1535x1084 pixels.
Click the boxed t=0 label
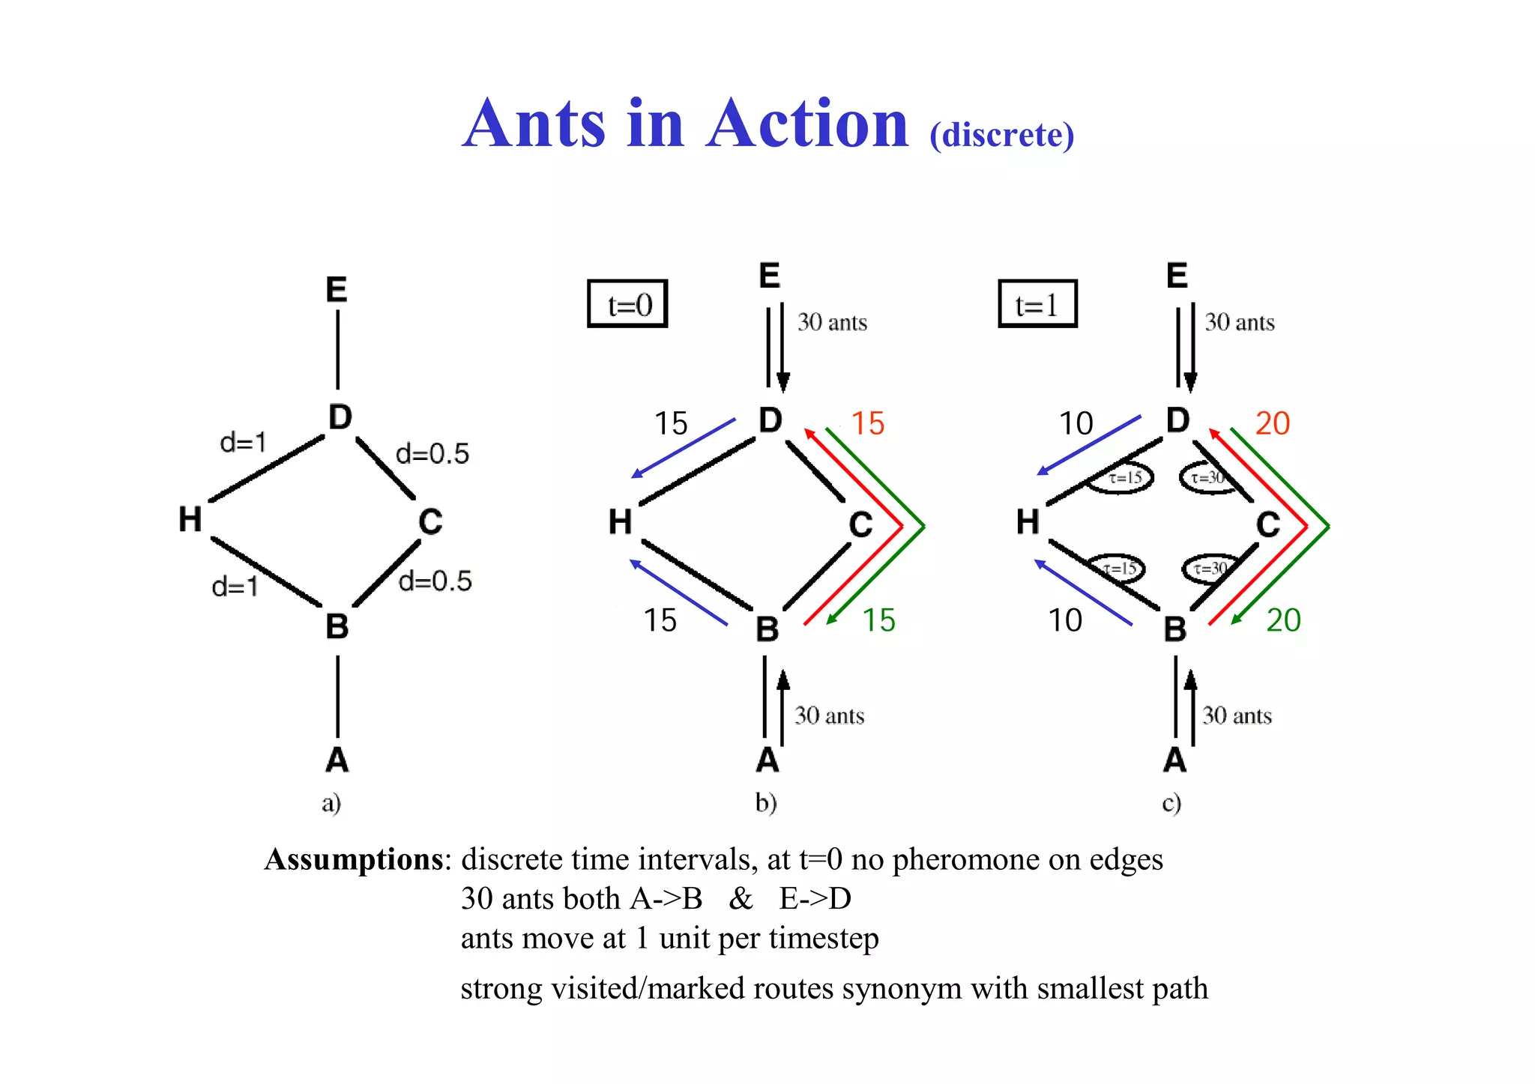[627, 304]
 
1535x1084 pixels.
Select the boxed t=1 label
[1037, 304]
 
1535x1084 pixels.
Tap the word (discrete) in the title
[1001, 135]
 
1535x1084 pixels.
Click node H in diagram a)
[190, 518]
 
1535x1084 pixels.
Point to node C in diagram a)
[430, 521]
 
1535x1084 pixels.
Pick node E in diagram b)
[770, 276]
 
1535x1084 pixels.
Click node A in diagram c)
[1174, 760]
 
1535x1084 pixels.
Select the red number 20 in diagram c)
[1272, 423]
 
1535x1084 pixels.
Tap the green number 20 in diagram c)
[1283, 620]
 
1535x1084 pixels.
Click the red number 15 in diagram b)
[868, 423]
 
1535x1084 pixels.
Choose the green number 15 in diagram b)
[878, 620]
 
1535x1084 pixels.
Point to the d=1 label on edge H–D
[243, 442]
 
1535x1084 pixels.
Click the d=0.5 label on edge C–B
[435, 581]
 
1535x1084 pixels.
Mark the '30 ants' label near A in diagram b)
[829, 715]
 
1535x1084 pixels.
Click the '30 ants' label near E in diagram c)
[1239, 322]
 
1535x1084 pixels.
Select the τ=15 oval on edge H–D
[1121, 478]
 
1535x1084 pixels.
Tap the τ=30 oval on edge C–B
[1208, 569]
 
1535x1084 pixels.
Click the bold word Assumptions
[354, 859]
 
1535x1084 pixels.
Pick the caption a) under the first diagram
[331, 803]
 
